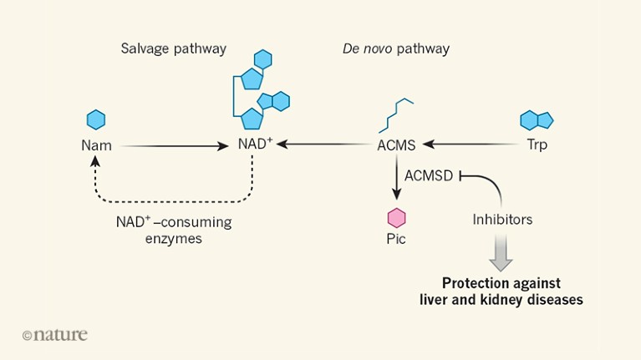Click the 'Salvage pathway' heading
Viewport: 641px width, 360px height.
coord(173,48)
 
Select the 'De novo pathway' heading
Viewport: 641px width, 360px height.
coord(395,48)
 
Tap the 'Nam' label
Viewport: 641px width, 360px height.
coord(95,145)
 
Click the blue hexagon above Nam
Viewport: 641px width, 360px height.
coord(95,119)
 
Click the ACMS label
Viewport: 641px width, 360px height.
coord(396,145)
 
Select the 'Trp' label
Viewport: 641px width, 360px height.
coord(537,145)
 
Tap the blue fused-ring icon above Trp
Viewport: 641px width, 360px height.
coord(537,119)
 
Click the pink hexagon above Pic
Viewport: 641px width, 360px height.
coord(396,218)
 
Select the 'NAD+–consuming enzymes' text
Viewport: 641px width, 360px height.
coord(173,231)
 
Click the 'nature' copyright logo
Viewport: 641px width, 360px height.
coord(54,335)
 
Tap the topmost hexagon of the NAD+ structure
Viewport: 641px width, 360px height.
coord(263,59)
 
